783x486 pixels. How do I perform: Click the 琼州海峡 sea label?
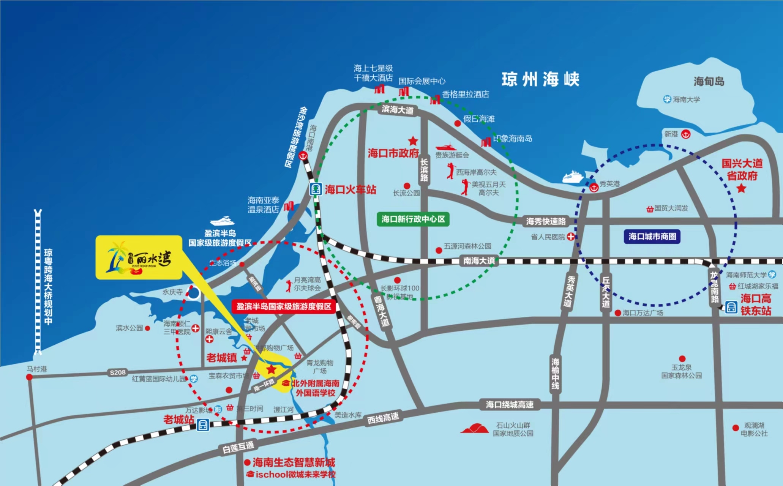click(540, 79)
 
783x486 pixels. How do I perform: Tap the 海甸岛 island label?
click(709, 81)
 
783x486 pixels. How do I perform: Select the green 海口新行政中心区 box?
click(413, 219)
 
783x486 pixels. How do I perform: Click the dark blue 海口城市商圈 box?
click(652, 237)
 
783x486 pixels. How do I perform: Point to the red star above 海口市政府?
click(413, 141)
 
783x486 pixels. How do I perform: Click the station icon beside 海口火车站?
click(316, 189)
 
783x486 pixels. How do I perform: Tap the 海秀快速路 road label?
click(546, 221)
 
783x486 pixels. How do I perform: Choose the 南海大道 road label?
click(479, 261)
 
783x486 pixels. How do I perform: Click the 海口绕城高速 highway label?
click(510, 405)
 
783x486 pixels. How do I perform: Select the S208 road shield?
click(117, 372)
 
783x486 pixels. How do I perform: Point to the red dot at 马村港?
click(29, 377)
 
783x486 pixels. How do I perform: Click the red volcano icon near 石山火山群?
click(474, 429)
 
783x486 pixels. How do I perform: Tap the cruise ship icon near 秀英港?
click(573, 177)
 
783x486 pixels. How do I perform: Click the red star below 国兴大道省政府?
click(741, 188)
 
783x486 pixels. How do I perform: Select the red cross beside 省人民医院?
click(570, 237)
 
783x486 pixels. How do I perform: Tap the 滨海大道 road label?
click(398, 110)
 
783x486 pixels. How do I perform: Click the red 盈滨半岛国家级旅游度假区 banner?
click(284, 306)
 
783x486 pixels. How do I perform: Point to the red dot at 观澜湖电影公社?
click(736, 428)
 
